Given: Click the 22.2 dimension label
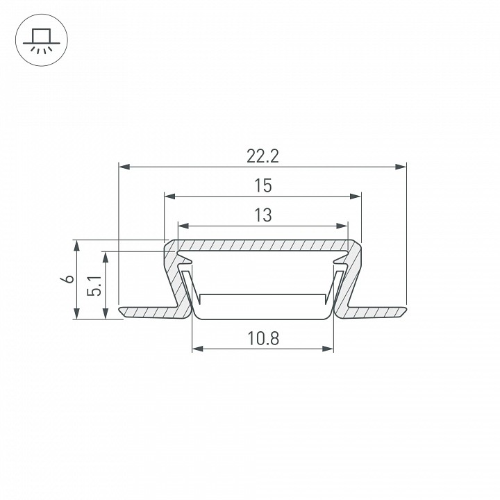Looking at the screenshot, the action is tap(262, 156).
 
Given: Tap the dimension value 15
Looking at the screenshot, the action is tap(263, 185).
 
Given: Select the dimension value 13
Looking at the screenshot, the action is tap(263, 215).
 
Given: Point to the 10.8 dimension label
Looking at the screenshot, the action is tap(263, 338).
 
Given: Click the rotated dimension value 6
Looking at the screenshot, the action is tap(67, 279).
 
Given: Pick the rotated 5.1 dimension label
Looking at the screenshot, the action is tap(94, 285).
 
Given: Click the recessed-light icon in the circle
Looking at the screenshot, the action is tap(42, 40).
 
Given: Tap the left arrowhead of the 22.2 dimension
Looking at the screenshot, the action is tap(124, 167).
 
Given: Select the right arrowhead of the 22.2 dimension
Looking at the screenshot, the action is tap(401, 167).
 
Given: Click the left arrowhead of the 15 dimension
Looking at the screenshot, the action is tap(170, 196).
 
